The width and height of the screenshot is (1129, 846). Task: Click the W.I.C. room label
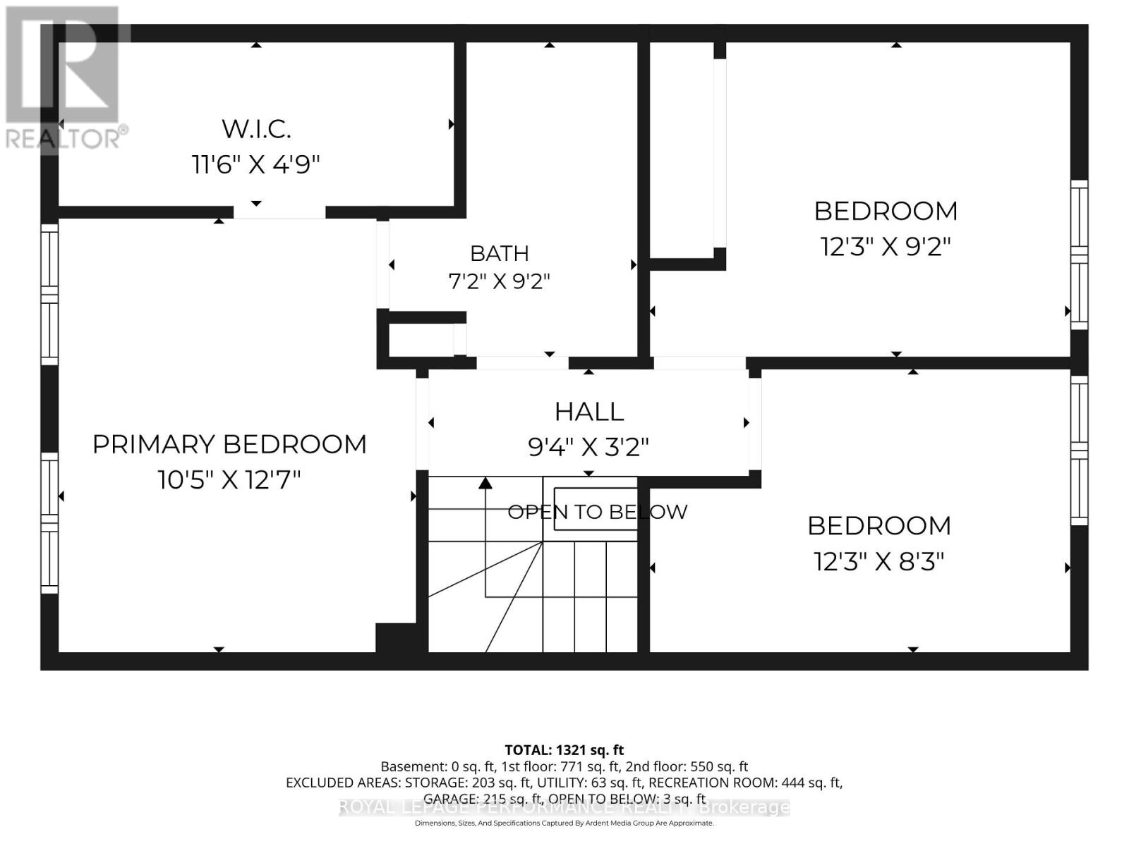coord(256,129)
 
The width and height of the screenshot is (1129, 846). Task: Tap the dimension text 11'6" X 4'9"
coord(255,165)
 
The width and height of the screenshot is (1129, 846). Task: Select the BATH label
coord(500,253)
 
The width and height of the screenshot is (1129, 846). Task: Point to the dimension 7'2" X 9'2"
coord(499,281)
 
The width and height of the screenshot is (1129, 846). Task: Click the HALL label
coord(589,412)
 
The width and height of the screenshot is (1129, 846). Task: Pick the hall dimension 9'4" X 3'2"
coord(588,447)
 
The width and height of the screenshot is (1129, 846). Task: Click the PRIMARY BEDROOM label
coord(229,444)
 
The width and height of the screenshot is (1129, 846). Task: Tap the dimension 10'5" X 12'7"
coord(229,480)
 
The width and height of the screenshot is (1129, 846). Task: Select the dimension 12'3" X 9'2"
coord(885,247)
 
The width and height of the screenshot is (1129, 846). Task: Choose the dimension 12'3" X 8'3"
coord(879,561)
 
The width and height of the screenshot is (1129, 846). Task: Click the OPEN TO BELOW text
coord(597,512)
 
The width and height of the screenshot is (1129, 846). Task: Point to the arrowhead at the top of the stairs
coord(485,484)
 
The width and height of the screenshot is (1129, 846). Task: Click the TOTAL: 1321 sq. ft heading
coord(564,750)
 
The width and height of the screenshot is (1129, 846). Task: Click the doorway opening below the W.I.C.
coord(279,212)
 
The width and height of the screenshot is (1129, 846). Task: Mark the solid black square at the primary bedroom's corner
coord(396,638)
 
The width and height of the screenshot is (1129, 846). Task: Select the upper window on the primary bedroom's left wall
coord(49,294)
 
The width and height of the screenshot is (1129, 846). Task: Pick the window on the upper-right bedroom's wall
coord(1079,255)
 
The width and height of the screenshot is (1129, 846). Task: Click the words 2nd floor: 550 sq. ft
coord(687,766)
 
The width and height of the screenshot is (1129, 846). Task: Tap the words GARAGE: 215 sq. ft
coord(483,799)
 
